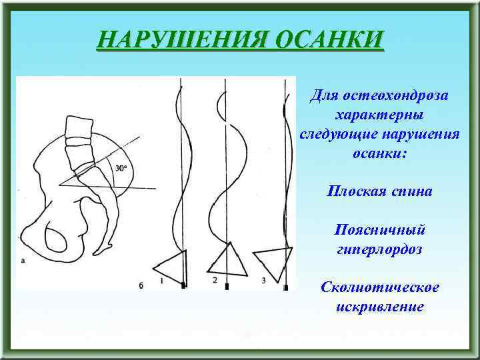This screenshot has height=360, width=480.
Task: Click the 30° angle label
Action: coord(120,169)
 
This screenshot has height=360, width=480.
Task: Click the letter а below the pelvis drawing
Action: coord(23,263)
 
